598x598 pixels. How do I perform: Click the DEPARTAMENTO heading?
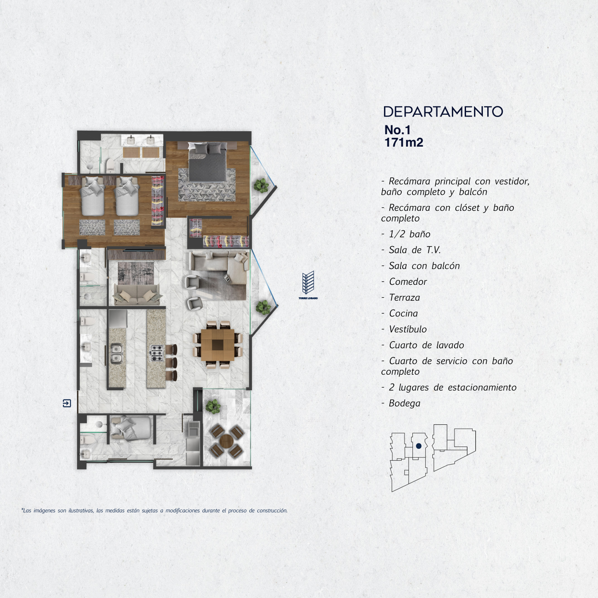click(443, 112)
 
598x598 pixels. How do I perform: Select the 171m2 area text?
click(404, 143)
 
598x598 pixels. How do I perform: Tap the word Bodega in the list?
click(405, 403)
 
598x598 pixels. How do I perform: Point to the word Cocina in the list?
click(404, 314)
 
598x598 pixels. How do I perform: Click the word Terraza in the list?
click(404, 298)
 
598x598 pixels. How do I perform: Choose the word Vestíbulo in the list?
click(408, 329)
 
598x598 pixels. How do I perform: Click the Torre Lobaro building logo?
click(308, 285)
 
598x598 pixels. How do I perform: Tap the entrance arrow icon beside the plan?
click(67, 403)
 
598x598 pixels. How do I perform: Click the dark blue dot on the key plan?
click(419, 446)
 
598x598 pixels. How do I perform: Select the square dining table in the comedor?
click(217, 345)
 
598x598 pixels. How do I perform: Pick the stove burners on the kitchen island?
click(157, 353)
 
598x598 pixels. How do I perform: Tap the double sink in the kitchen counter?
click(117, 353)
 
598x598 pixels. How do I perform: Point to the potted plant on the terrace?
click(213, 406)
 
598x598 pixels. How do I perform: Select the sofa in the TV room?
click(137, 294)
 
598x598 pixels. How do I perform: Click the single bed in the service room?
click(130, 428)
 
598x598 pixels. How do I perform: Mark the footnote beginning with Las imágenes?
click(154, 510)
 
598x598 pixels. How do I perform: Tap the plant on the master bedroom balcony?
click(261, 185)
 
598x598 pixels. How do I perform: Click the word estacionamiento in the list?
click(482, 387)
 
